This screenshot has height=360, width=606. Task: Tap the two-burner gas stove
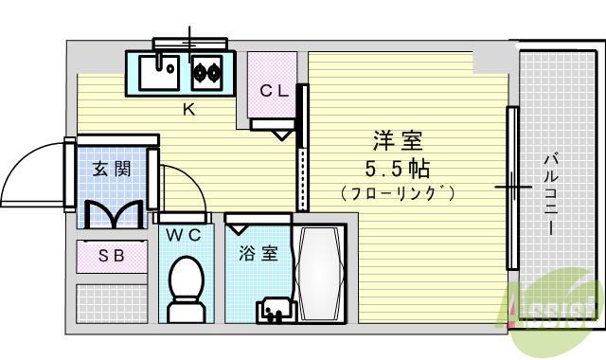pyautogui.click(x=205, y=70)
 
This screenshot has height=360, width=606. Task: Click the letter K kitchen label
pyautogui.click(x=188, y=109)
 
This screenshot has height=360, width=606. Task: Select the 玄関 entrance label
pyautogui.click(x=111, y=170)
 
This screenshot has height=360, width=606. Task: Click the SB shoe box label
pyautogui.click(x=112, y=255)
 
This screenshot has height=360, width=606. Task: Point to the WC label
pyautogui.click(x=183, y=235)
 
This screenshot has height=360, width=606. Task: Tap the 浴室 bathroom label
pyautogui.click(x=258, y=254)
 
